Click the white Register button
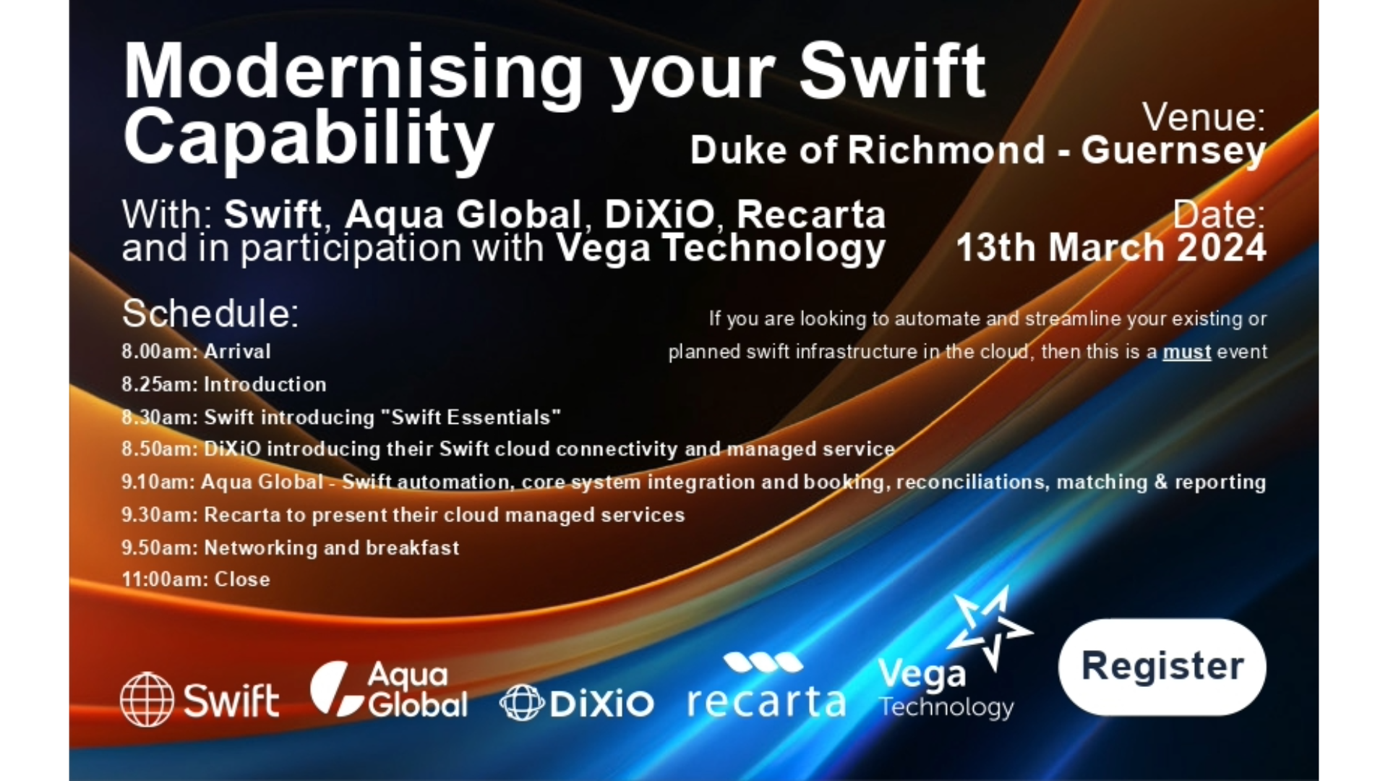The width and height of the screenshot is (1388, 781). [1162, 667]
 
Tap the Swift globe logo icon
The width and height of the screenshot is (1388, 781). [147, 699]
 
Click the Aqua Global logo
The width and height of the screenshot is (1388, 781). [389, 690]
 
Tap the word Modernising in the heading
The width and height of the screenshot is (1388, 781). [353, 72]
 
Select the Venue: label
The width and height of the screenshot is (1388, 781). [1203, 116]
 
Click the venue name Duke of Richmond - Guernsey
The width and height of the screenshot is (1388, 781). [977, 150]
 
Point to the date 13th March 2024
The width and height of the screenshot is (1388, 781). [1111, 248]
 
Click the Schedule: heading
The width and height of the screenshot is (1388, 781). [210, 313]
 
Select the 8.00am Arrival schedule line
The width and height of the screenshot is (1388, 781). [196, 351]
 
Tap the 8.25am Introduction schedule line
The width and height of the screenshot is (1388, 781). [223, 384]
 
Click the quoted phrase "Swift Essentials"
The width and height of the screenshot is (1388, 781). [471, 417]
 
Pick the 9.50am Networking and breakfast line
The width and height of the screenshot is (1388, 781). [290, 547]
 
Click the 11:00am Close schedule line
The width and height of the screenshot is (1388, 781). [196, 579]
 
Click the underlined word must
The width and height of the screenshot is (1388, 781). [1186, 352]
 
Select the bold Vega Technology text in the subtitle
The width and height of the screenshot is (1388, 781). [720, 248]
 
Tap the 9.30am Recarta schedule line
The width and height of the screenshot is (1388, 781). [403, 515]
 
